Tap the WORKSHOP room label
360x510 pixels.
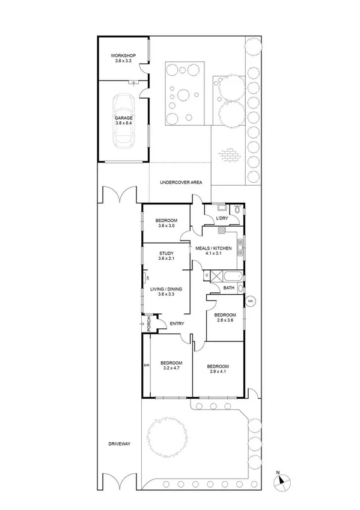click(x=123, y=58)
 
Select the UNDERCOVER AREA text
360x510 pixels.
click(x=180, y=182)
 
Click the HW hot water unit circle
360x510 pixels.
click(x=250, y=301)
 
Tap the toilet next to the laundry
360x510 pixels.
click(x=239, y=210)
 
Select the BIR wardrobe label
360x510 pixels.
click(x=146, y=365)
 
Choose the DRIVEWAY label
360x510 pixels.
click(x=119, y=444)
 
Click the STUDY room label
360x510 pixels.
click(x=166, y=254)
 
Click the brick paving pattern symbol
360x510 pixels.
click(x=228, y=155)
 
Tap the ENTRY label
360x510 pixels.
click(x=177, y=324)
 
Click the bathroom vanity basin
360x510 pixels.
click(x=240, y=288)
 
